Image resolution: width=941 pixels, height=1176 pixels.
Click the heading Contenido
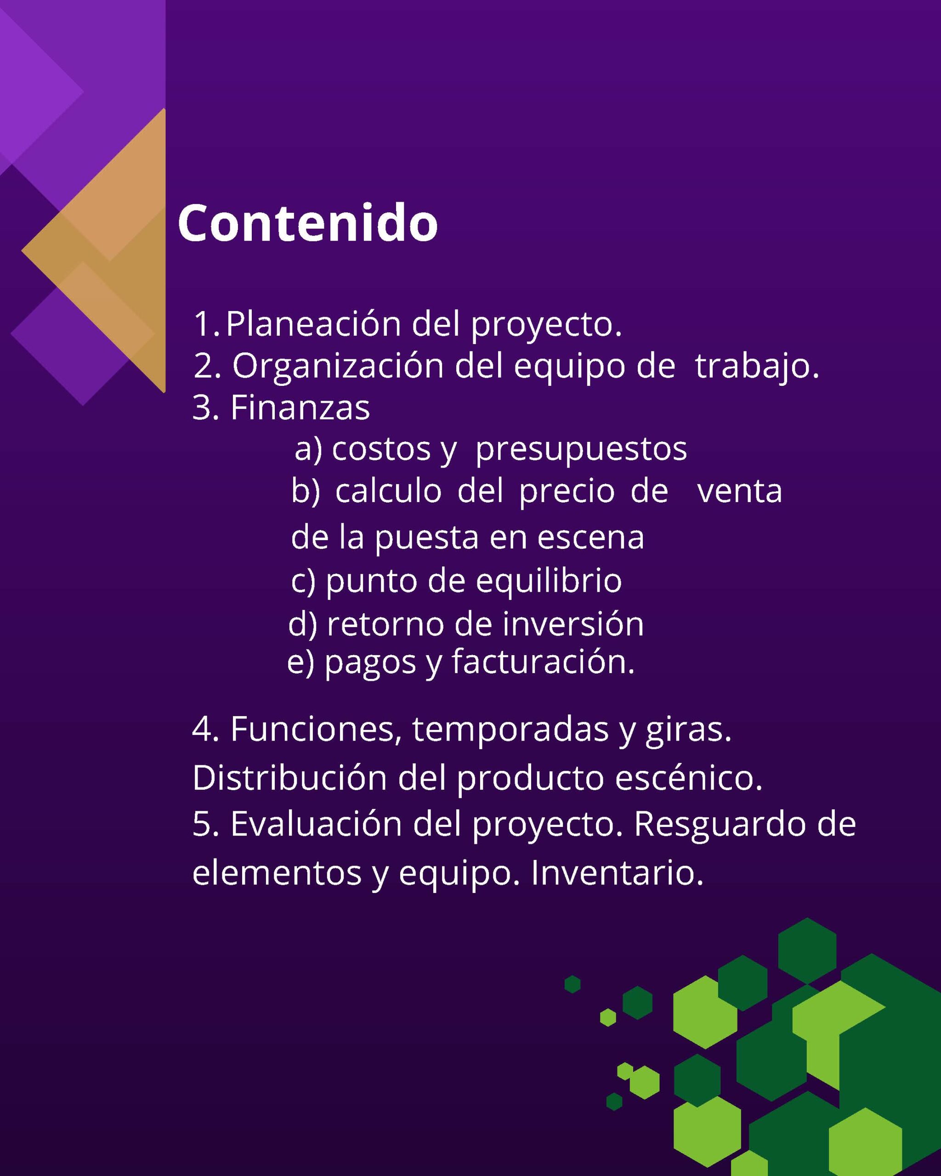pos(308,223)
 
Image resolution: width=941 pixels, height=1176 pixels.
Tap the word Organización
pos(338,366)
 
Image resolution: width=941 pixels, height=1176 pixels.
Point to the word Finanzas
pos(300,407)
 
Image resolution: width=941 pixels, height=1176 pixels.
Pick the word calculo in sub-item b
pos(388,491)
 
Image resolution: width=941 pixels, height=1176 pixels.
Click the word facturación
pos(543,661)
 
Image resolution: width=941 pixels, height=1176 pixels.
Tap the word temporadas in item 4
pos(510,730)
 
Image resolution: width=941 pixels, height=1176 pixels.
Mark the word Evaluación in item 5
pos(317,824)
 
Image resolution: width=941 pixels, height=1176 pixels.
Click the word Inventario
pos(617,873)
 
